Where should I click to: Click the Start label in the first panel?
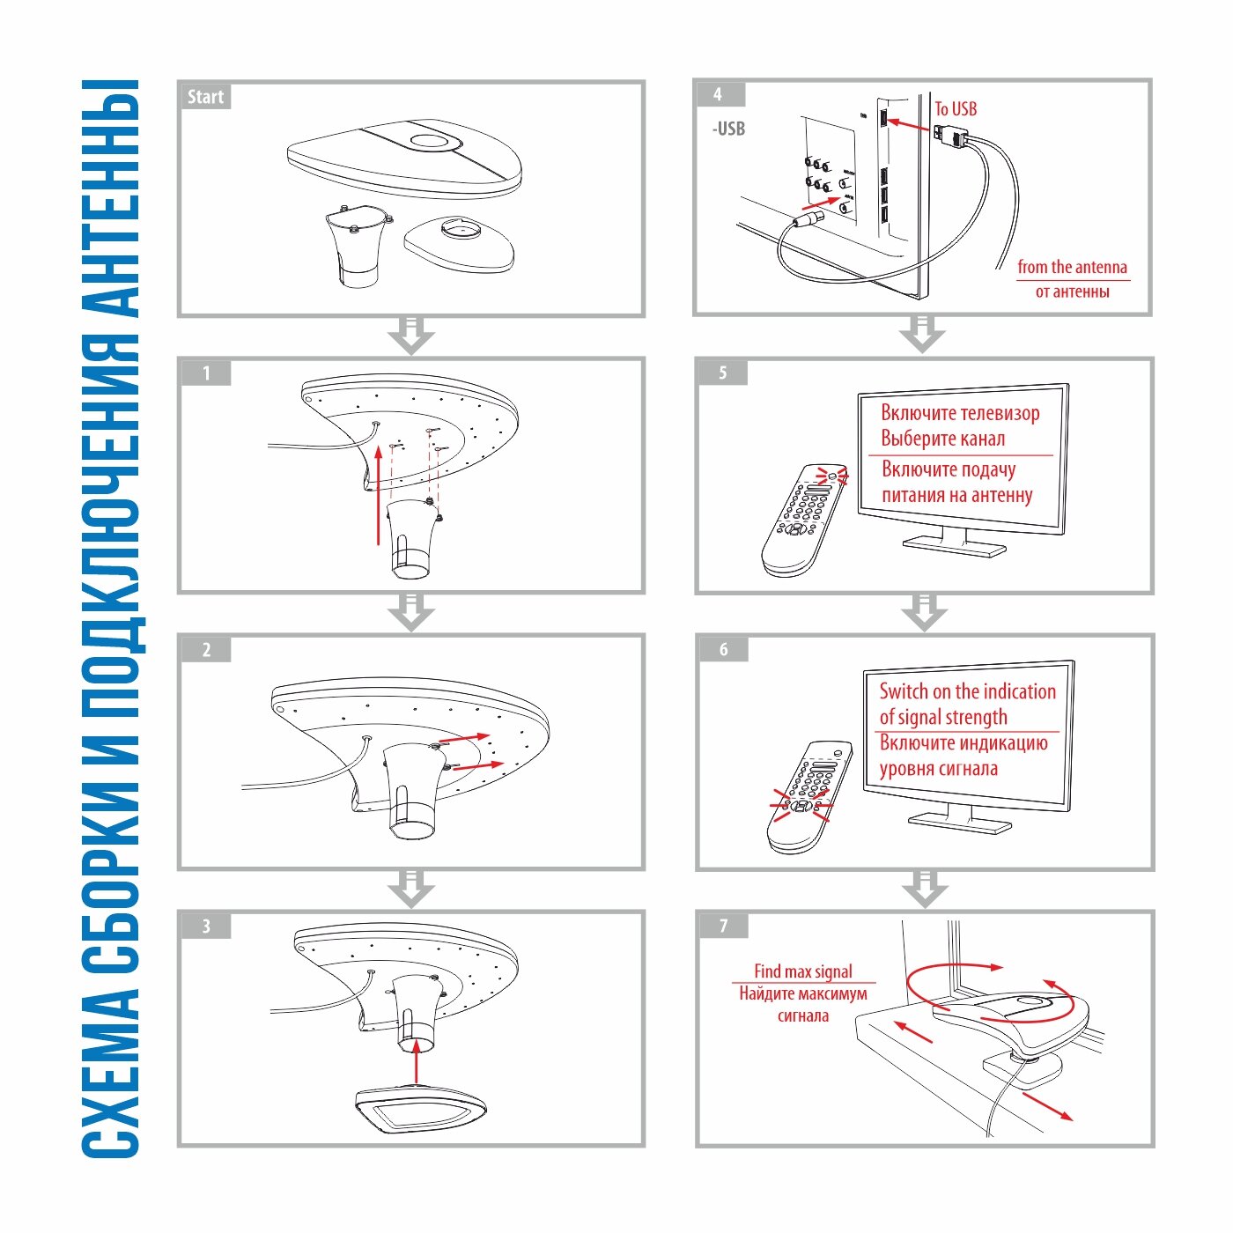(205, 97)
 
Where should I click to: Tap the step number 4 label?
(720, 95)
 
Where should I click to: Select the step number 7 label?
(724, 926)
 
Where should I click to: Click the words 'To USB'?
(956, 109)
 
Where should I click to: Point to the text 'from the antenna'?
(1073, 267)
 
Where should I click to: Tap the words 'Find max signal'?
(803, 971)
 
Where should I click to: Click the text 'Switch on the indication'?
(967, 691)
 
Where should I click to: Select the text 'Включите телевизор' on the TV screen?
(960, 413)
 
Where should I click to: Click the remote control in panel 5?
(804, 521)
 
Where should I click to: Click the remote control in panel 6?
(809, 797)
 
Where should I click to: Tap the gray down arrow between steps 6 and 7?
(924, 888)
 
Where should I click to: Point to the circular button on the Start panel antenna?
(430, 141)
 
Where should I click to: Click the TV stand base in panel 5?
(954, 546)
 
